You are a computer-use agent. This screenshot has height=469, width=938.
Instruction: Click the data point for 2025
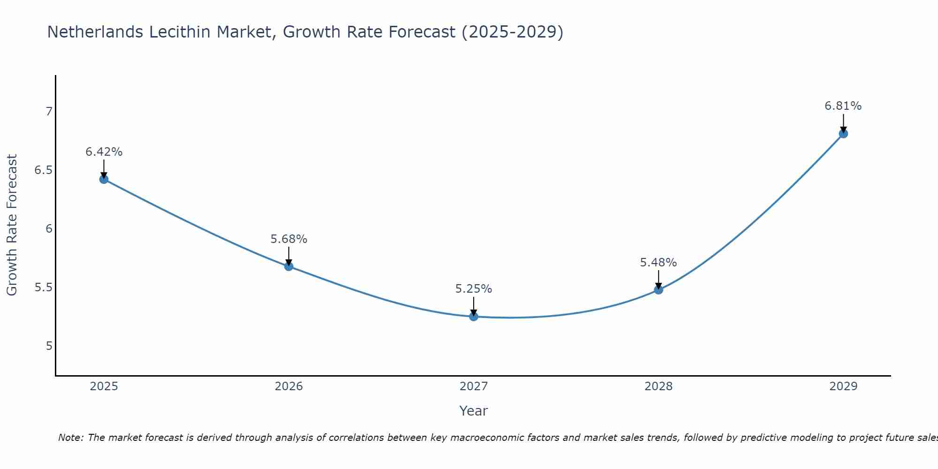click(x=104, y=179)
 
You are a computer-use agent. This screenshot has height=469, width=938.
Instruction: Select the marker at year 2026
click(x=289, y=266)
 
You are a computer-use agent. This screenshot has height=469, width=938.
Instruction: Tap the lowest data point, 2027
click(x=474, y=317)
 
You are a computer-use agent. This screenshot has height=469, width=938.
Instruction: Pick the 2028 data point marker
click(x=658, y=290)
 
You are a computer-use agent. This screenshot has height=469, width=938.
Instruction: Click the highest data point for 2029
click(x=843, y=134)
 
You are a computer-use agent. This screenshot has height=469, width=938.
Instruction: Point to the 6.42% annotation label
click(x=104, y=152)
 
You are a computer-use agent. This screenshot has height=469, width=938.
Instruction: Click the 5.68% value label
click(x=289, y=239)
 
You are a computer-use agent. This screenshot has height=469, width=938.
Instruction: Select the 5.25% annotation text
click(x=474, y=289)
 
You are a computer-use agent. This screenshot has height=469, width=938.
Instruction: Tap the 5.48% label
click(x=658, y=263)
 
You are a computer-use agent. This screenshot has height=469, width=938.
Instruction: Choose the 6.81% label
click(x=843, y=106)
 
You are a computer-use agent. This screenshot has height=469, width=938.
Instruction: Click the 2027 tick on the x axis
click(x=474, y=386)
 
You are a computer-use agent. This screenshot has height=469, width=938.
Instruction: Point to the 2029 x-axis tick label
click(x=843, y=386)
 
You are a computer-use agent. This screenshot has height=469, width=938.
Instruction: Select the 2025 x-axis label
click(x=104, y=386)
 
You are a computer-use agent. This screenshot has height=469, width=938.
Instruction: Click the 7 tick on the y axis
click(x=49, y=112)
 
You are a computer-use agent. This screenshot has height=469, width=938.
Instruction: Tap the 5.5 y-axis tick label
click(x=43, y=287)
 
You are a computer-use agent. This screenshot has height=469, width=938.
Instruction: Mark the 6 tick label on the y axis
click(x=49, y=229)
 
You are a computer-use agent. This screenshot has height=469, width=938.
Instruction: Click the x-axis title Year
click(x=474, y=411)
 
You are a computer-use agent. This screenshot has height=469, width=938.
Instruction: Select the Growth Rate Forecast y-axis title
click(x=12, y=225)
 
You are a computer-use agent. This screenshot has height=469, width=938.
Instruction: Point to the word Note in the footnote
click(x=71, y=438)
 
